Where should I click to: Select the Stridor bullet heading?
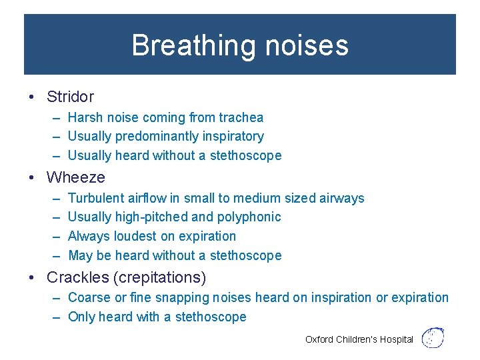click(x=70, y=97)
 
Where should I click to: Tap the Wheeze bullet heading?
click(x=75, y=177)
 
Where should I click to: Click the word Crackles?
click(x=74, y=277)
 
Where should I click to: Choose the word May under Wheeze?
click(x=80, y=256)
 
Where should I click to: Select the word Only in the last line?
click(x=81, y=317)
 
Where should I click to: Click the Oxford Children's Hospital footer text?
click(x=359, y=339)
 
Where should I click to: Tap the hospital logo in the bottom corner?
click(x=433, y=338)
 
